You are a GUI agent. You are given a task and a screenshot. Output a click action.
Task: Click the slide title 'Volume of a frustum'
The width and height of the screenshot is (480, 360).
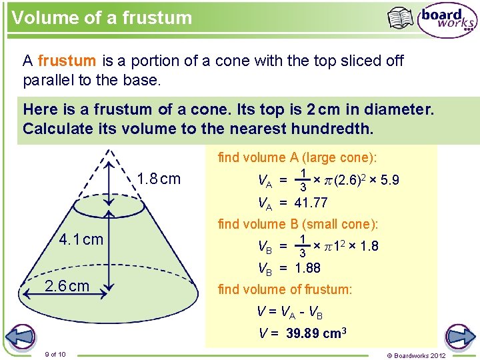tap(101, 17)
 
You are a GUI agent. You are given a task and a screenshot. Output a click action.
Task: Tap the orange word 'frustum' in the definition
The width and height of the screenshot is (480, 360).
tap(67, 61)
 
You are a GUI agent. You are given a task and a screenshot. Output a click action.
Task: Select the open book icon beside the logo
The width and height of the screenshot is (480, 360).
tap(401, 18)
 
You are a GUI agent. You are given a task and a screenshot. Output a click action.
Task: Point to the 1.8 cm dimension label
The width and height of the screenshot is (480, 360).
tap(159, 179)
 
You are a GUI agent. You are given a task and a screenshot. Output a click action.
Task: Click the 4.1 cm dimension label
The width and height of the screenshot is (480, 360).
tap(81, 239)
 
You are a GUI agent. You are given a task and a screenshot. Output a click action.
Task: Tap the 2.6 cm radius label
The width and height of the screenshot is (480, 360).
tap(66, 286)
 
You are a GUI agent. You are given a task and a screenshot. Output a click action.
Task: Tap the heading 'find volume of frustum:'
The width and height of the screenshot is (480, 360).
tap(285, 289)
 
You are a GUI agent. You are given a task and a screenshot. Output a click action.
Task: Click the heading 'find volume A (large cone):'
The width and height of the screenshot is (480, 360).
tap(297, 157)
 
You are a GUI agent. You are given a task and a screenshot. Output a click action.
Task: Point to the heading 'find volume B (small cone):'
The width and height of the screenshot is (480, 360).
tap(298, 224)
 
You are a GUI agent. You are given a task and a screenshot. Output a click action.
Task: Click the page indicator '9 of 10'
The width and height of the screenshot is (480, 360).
tap(55, 353)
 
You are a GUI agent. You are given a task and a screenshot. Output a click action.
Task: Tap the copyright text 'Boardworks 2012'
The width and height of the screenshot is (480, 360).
tap(424, 355)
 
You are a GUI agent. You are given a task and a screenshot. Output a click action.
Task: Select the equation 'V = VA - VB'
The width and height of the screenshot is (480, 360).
tap(291, 311)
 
